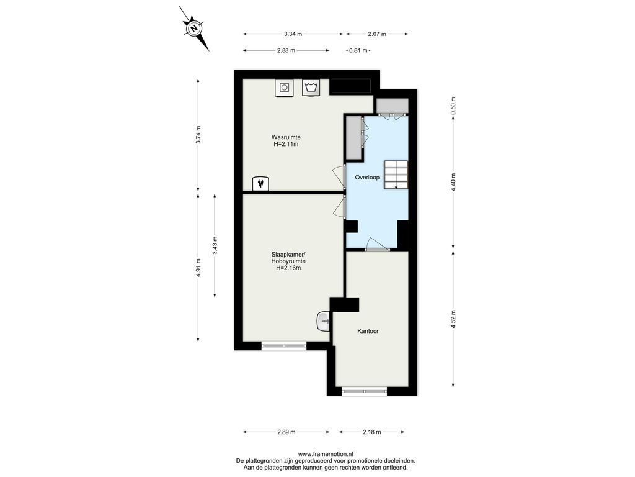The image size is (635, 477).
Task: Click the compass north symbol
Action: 195,29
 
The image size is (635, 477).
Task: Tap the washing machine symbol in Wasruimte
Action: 311,87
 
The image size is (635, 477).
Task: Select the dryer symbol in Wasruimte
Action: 285,88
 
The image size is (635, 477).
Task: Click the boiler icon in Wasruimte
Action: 261,184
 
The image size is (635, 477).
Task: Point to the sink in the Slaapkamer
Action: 323,322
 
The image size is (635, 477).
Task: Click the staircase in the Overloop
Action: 396,175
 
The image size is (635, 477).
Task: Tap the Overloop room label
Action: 367,177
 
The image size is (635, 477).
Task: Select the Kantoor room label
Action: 368,331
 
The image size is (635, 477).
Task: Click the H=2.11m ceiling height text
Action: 286,144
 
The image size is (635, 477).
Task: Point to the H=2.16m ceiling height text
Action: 288,268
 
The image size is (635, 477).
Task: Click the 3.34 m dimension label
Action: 293,34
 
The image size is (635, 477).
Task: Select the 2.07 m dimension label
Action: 377,34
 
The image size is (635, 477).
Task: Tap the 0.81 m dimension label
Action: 358,51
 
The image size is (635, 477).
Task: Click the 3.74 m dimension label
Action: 198,135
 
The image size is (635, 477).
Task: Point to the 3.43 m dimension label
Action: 215,245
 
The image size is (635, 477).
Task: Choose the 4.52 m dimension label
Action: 453,319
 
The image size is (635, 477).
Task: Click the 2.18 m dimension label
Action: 372,432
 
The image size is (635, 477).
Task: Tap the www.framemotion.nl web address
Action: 326,454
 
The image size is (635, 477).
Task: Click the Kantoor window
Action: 364,391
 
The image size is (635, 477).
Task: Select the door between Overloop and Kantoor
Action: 377,245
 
